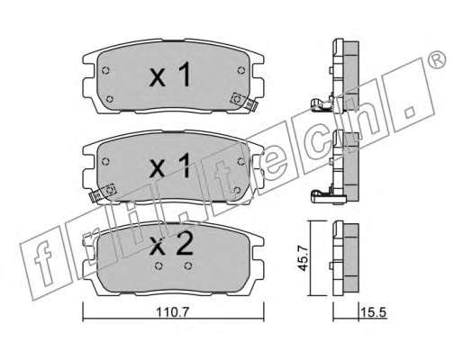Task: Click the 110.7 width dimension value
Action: [x=172, y=312]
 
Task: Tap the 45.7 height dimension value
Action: [x=304, y=258]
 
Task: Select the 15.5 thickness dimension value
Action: [x=373, y=312]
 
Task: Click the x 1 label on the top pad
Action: [x=170, y=75]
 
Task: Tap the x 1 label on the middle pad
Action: [x=170, y=165]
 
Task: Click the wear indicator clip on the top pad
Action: [x=244, y=102]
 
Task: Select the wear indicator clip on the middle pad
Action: [x=103, y=193]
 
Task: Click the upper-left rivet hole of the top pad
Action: [x=105, y=71]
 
